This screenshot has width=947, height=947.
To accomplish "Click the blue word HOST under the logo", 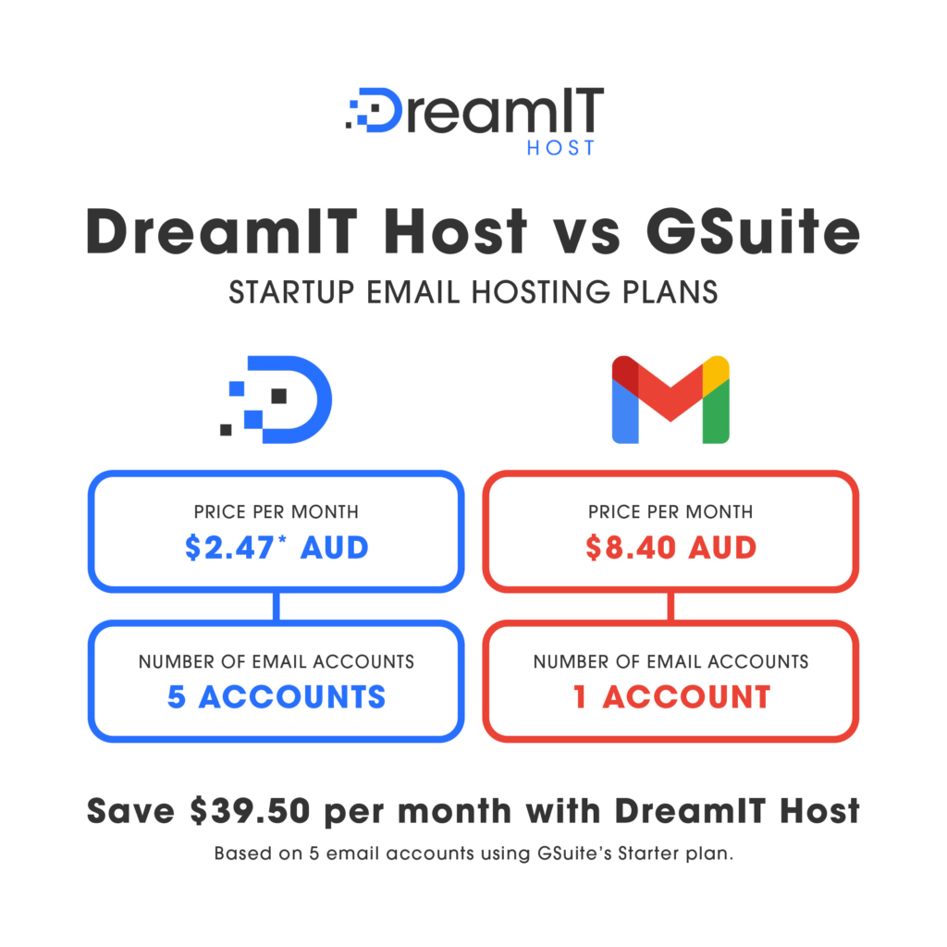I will (560, 147).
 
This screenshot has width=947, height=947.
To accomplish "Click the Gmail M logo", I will (670, 399).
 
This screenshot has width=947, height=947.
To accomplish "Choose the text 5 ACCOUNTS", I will (277, 696).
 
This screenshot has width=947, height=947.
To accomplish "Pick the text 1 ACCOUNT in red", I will (671, 696).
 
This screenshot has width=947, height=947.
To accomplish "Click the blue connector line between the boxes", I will (277, 606).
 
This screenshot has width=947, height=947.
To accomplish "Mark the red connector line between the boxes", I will (671, 606).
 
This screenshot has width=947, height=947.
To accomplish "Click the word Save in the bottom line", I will (129, 811).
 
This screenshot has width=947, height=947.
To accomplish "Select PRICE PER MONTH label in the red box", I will (671, 511).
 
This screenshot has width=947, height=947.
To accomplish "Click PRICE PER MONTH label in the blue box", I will (277, 511).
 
